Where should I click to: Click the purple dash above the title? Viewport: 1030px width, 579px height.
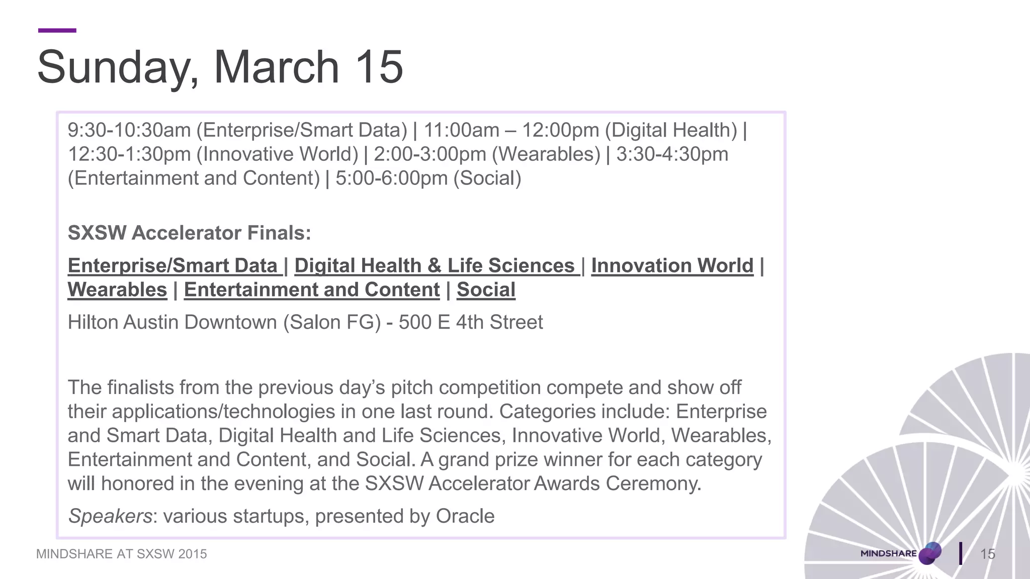point(57,31)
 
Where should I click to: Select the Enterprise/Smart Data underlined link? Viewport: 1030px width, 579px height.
point(173,266)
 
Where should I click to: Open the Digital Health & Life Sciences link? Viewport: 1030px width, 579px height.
point(435,266)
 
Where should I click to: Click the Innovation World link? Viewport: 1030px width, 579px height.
point(672,266)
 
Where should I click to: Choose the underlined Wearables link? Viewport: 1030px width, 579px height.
point(117,290)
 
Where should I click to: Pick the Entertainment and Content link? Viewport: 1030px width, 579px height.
point(312,290)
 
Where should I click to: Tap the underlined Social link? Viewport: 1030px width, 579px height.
point(486,290)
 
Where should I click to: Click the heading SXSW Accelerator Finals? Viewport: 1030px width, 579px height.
point(189,233)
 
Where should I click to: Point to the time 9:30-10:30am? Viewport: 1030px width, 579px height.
point(129,130)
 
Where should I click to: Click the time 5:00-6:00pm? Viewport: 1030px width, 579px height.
point(391,178)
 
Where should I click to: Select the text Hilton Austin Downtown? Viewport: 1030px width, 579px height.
point(172,322)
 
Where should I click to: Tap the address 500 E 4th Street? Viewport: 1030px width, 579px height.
point(471,322)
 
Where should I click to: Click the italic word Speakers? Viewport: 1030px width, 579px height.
point(110,516)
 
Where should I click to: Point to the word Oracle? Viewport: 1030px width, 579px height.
point(465,516)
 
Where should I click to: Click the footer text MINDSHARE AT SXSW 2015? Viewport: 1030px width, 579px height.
point(121,554)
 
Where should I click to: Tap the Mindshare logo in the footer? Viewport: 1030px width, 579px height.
point(900,553)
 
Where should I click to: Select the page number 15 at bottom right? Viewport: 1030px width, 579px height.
point(988,554)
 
